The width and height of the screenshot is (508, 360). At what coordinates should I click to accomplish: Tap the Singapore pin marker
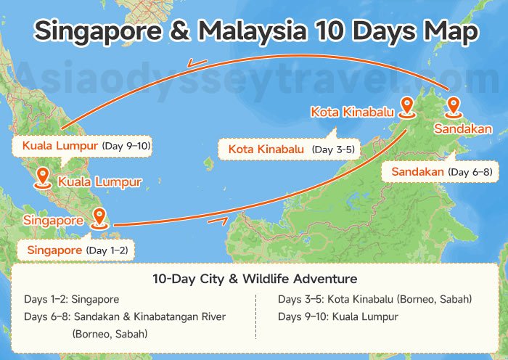click(x=99, y=216)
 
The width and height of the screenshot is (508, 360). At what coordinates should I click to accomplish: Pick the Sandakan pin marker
click(x=454, y=106)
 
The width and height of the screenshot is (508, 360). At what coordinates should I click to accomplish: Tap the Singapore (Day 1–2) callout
click(x=77, y=250)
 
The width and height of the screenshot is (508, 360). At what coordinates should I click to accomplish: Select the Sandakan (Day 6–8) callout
click(x=441, y=172)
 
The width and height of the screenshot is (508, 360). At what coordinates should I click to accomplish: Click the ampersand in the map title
click(x=177, y=31)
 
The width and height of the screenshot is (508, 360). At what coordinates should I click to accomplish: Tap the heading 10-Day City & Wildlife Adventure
click(x=254, y=279)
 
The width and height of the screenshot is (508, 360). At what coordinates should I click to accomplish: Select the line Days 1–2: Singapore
click(x=71, y=299)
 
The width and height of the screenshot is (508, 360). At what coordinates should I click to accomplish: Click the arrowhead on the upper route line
click(x=195, y=64)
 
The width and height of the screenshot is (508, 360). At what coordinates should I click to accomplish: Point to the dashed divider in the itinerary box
click(x=256, y=316)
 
